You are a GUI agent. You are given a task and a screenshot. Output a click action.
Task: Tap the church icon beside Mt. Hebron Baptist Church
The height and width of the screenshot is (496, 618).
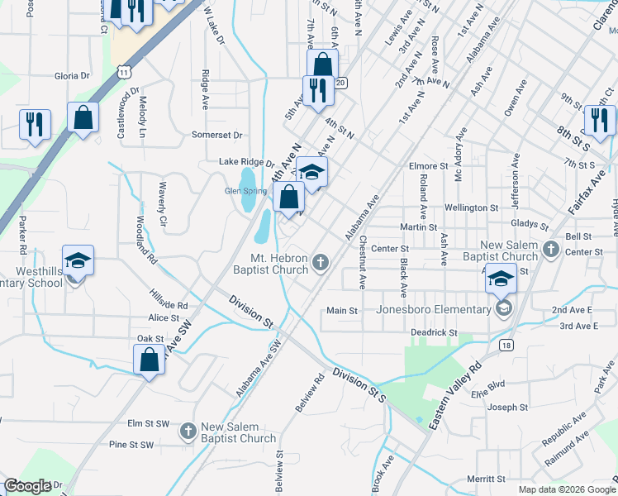click(321, 263)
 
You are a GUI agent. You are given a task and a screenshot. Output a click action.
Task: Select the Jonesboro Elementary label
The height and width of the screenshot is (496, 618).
click(433, 310)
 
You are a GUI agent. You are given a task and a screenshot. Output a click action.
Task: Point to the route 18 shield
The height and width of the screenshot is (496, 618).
click(506, 345)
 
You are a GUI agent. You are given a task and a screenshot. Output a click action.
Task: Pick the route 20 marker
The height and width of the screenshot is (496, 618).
click(340, 83)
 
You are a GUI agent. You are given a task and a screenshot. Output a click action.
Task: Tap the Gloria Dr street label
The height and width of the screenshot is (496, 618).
click(72, 75)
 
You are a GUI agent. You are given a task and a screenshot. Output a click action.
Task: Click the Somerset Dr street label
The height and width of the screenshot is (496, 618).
click(217, 135)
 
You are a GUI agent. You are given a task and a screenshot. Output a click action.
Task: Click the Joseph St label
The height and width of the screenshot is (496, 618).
click(506, 408)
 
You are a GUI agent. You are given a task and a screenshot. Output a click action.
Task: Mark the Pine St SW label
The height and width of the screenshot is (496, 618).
click(132, 445)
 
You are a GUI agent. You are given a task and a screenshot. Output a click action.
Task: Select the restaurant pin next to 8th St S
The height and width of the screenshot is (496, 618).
click(599, 120)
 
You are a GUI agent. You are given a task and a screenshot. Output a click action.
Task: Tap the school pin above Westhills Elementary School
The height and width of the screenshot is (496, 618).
click(78, 260)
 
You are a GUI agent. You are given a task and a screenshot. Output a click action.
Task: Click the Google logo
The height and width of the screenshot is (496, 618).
click(27, 486)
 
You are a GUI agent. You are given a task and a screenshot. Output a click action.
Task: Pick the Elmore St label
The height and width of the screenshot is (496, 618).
click(428, 166)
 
